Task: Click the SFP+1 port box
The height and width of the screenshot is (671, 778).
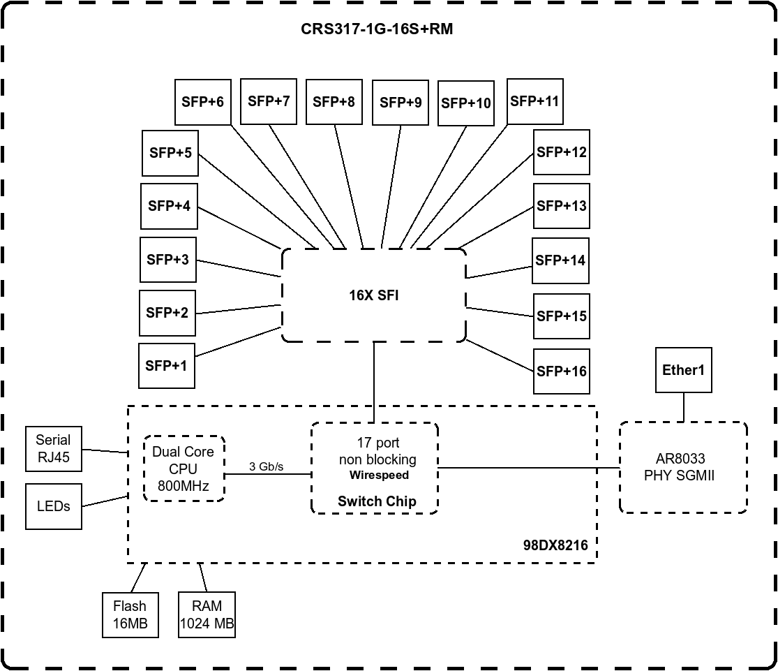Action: pos(167,366)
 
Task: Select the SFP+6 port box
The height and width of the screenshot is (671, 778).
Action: pos(202,102)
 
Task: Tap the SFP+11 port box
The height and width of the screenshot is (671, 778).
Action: pos(534,101)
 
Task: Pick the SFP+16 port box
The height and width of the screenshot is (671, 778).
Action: pos(562,371)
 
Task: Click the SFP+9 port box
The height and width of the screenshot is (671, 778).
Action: pos(401,103)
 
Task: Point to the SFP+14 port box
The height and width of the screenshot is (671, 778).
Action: pos(560,260)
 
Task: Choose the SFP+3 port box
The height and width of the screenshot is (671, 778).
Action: pos(167,260)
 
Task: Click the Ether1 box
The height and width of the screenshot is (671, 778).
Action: pos(683,371)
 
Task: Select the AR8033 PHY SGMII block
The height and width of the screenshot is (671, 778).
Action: pos(683,467)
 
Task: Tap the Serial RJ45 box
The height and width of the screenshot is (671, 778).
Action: pos(53,450)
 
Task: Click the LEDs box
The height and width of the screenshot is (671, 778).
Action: pos(53,506)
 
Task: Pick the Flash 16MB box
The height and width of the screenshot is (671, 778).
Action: pos(130,615)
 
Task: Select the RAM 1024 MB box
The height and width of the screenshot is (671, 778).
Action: pos(207,615)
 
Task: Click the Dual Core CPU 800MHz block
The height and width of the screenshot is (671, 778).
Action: pos(184,469)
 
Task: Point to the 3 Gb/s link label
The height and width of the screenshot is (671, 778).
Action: pos(266,466)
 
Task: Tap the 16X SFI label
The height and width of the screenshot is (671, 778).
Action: pos(374,295)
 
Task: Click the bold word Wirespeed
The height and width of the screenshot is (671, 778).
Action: pos(379,475)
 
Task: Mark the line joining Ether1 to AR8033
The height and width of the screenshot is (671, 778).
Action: pos(683,407)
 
